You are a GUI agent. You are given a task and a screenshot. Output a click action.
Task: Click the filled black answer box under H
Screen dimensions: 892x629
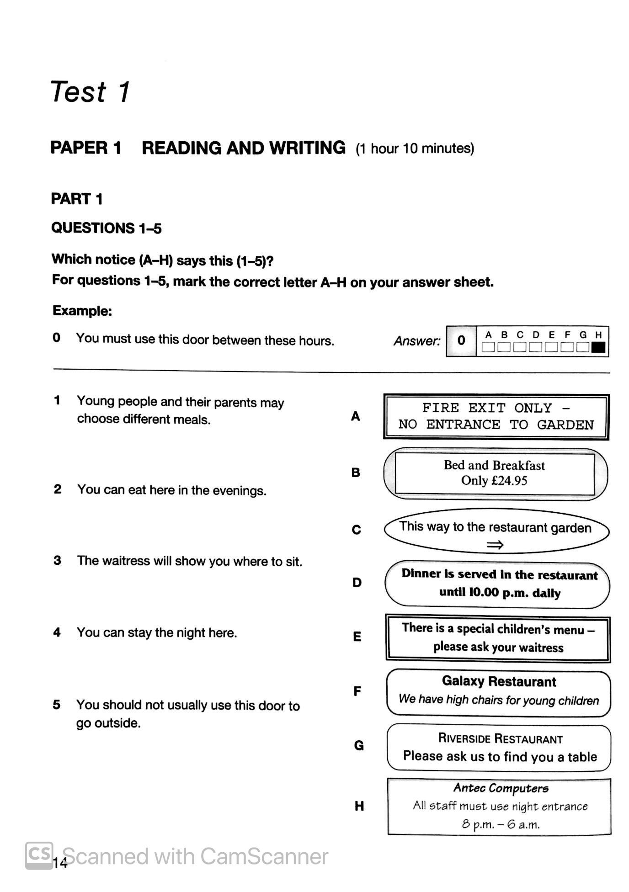(598, 348)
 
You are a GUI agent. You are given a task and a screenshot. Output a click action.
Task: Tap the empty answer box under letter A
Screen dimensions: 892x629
(488, 348)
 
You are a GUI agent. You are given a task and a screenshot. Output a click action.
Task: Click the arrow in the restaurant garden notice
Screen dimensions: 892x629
(495, 544)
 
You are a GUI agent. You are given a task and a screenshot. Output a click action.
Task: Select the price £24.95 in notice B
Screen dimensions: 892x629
(508, 481)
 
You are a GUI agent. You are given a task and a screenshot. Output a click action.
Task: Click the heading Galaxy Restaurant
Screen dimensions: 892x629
(499, 681)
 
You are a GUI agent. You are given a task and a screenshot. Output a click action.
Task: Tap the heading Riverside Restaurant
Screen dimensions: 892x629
(500, 738)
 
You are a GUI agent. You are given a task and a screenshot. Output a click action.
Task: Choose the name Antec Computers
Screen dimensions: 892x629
(501, 788)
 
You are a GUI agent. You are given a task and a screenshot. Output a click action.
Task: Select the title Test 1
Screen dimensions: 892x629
(90, 92)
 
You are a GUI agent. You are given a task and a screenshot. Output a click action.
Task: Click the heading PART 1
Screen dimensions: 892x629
(77, 199)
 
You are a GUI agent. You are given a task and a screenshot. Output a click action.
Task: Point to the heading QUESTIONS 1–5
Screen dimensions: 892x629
(106, 228)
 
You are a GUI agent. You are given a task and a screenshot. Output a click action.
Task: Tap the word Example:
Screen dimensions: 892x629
(82, 311)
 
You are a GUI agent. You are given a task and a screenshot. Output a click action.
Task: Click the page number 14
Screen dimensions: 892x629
(60, 863)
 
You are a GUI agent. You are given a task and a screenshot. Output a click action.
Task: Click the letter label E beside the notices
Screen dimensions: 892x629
(357, 637)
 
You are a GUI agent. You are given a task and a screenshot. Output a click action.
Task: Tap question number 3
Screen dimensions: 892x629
(57, 560)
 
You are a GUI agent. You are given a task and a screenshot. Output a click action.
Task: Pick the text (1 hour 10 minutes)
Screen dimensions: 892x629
(415, 149)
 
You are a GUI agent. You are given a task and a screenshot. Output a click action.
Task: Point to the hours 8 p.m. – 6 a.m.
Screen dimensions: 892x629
(500, 824)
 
